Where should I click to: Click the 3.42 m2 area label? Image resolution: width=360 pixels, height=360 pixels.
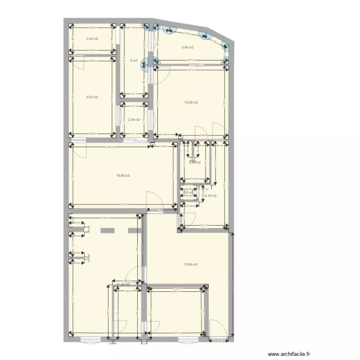coord(92,38)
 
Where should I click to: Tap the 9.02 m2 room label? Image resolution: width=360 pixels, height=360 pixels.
coord(92,97)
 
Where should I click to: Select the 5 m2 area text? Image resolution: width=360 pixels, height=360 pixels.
coord(133,61)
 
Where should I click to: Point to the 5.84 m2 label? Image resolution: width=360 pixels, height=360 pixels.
coord(188,48)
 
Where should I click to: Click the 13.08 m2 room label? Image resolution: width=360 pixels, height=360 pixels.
coord(192,102)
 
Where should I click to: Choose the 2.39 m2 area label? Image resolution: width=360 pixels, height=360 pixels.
coord(133,120)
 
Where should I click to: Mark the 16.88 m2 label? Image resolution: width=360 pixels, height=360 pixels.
coord(123,176)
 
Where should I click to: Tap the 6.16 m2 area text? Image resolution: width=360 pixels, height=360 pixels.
coord(211,196)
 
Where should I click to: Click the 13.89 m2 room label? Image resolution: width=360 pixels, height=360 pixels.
coord(192,264)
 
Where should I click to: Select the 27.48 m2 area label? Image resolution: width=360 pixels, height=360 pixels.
coord(123,284)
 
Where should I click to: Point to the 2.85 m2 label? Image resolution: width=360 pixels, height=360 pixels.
coord(194,163)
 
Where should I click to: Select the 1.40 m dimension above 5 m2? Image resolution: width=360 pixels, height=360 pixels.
coord(134,28)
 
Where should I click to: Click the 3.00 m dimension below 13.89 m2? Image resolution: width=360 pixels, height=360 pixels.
coord(176,288)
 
